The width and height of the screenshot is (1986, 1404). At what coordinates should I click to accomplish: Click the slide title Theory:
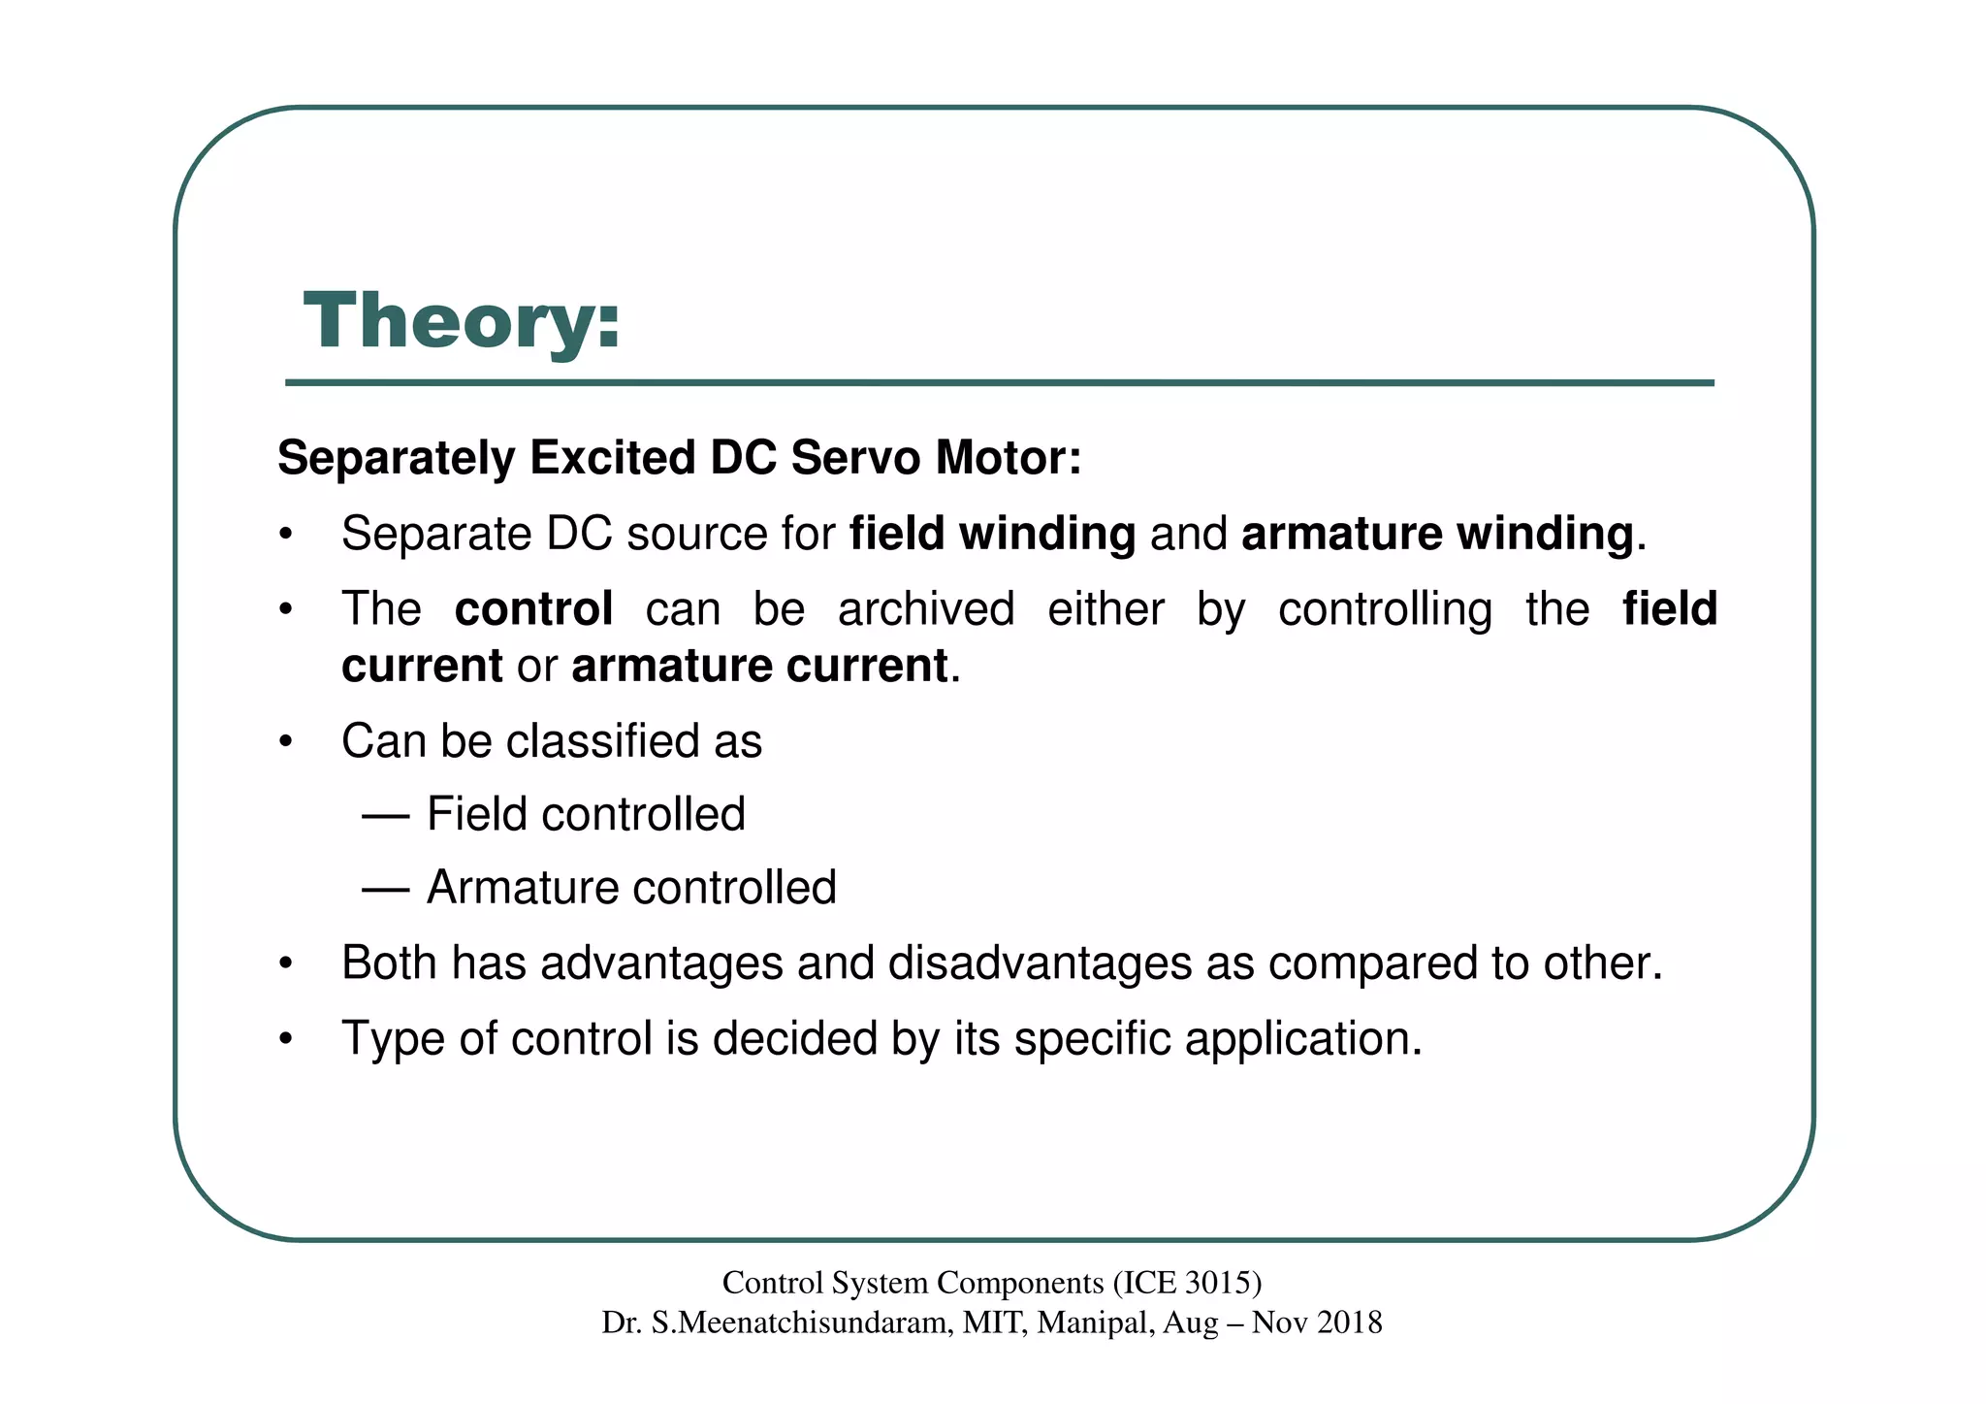(x=462, y=321)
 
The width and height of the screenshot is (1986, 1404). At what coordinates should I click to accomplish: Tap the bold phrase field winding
(x=992, y=534)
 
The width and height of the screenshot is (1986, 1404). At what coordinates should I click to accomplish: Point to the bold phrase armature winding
(x=1437, y=534)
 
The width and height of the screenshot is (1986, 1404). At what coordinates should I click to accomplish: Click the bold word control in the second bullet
(x=533, y=609)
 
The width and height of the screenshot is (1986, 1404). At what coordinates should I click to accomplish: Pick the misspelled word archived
(x=926, y=609)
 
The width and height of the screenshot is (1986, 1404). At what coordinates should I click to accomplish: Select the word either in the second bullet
(x=1106, y=609)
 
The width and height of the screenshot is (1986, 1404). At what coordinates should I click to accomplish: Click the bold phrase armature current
(x=759, y=666)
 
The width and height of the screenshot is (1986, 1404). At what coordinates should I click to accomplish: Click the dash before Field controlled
(x=385, y=815)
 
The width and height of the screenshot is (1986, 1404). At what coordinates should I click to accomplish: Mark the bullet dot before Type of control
(x=285, y=1039)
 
